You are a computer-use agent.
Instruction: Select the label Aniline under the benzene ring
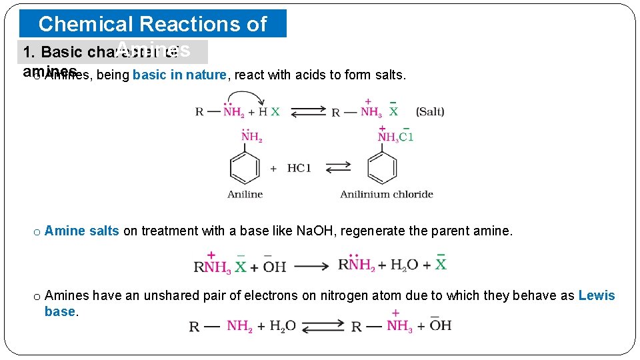click(x=245, y=195)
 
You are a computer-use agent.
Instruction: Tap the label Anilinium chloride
click(x=387, y=195)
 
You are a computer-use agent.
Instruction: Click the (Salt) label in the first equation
click(x=430, y=111)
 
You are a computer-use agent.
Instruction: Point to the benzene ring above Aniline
click(x=245, y=168)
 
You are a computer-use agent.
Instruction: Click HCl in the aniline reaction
click(x=299, y=168)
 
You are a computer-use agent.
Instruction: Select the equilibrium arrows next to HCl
click(x=338, y=168)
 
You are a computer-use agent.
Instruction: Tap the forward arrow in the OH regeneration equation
click(x=311, y=267)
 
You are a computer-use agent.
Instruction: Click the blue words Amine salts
click(x=82, y=231)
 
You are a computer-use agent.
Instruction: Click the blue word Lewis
click(x=597, y=295)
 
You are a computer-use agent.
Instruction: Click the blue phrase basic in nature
click(x=179, y=75)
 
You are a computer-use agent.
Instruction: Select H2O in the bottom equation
click(x=283, y=327)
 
